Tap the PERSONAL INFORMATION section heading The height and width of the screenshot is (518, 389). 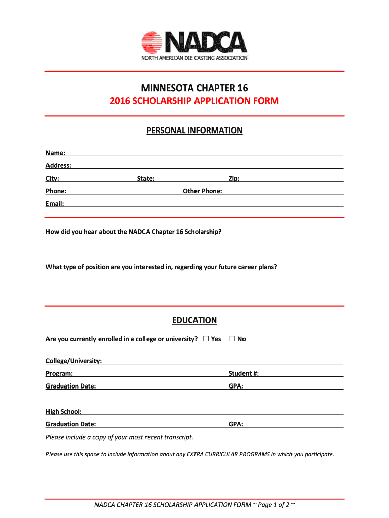point(194,131)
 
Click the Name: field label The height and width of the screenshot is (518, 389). point(55,153)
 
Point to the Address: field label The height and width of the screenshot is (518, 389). point(58,165)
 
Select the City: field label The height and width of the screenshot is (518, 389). point(53,178)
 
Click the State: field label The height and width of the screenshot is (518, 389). point(146,178)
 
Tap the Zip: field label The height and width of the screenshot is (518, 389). point(234,178)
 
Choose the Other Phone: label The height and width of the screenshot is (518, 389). point(203,191)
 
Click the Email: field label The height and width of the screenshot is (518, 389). point(55,203)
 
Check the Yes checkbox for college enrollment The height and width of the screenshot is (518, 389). point(206,339)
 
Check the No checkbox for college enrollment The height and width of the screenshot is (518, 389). point(232,339)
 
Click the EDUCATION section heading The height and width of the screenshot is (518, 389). point(194,320)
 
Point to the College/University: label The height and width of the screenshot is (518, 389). point(74,361)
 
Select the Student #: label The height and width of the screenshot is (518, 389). point(244,373)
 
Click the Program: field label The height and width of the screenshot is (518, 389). point(59,373)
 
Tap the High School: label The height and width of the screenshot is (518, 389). point(64,411)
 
